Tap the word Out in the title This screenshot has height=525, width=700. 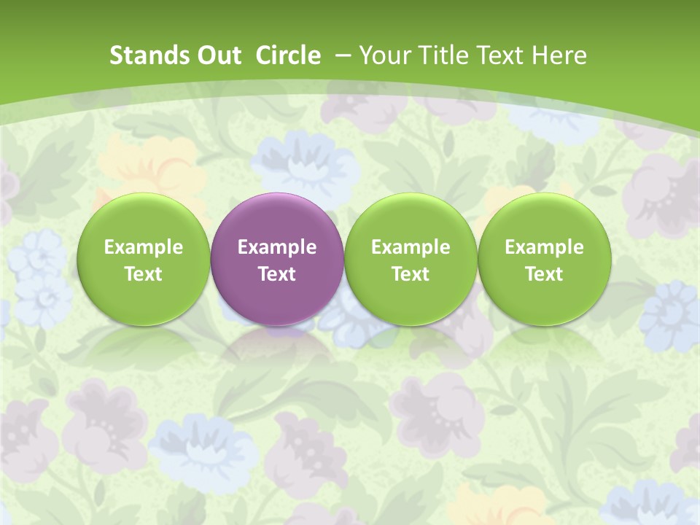[219, 55]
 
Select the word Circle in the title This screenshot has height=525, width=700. [289, 55]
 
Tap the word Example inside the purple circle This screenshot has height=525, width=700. [276, 247]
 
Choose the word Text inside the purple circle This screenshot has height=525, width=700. [276, 274]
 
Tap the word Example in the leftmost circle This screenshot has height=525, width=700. [143, 247]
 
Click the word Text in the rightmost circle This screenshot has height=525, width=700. [544, 274]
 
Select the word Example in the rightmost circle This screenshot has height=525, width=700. [544, 247]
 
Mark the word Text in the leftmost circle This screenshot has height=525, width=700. [143, 274]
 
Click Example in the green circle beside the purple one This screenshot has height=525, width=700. [411, 247]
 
